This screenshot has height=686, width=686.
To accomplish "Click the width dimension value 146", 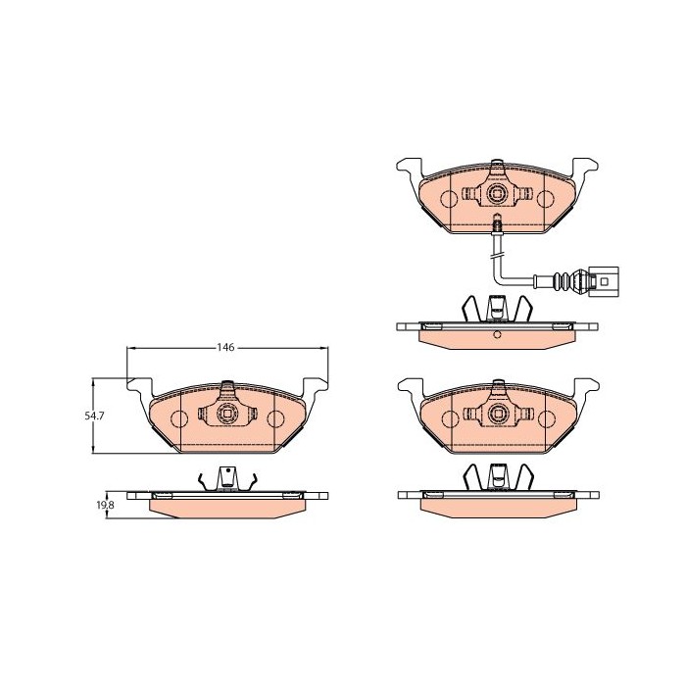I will point(227,348).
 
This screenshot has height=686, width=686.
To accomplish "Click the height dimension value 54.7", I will point(94,416).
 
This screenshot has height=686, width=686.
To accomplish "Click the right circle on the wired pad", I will point(544,200).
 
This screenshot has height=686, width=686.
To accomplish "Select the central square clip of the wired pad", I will point(496,195).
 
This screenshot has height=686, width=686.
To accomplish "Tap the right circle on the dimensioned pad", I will point(275,420).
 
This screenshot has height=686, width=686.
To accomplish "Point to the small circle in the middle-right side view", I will point(497,336).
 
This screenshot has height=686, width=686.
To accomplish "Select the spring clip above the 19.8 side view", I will point(227,478).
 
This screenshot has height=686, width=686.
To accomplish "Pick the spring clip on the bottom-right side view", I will point(497,477).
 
